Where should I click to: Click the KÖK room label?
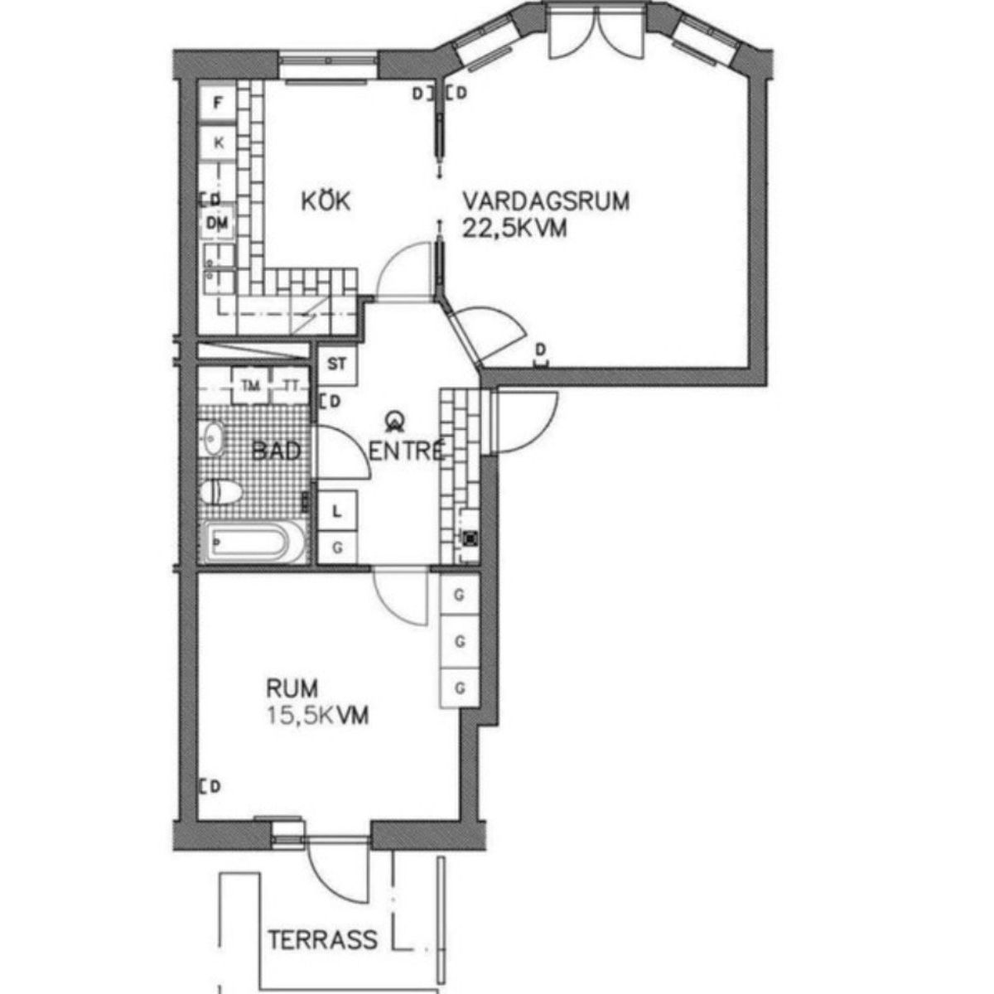(x=326, y=200)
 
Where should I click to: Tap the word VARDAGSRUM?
(x=546, y=200)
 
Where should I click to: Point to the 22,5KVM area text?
(x=514, y=228)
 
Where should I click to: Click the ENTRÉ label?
(x=407, y=451)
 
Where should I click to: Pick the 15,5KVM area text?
(x=317, y=716)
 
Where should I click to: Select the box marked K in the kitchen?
(x=219, y=142)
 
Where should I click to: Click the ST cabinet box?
(x=337, y=364)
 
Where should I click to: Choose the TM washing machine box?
(x=251, y=385)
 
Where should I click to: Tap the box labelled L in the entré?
(x=337, y=511)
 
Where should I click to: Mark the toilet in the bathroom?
(x=221, y=493)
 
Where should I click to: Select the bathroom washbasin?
(x=213, y=438)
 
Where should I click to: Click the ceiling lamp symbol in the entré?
(x=396, y=422)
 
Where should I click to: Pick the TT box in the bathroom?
(x=291, y=385)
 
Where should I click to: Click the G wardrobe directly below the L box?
(x=337, y=548)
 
